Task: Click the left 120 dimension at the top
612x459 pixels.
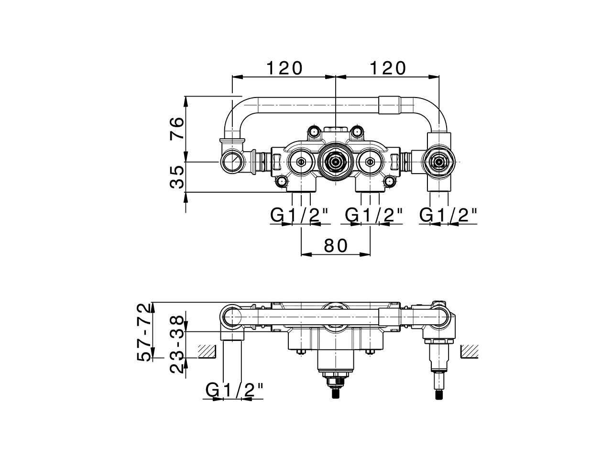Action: click(284, 68)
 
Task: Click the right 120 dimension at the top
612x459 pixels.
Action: click(387, 68)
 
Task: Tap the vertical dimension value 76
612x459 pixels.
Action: click(176, 128)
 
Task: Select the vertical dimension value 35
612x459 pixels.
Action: click(176, 177)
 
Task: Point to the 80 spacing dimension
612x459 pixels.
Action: click(336, 245)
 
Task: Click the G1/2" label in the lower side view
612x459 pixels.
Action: click(235, 391)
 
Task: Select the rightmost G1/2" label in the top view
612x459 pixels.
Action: click(448, 216)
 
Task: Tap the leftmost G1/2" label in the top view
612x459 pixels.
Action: click(300, 216)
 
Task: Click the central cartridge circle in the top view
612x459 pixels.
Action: click(336, 163)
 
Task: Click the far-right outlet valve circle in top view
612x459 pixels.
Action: click(438, 163)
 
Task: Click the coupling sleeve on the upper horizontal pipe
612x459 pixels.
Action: click(388, 105)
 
